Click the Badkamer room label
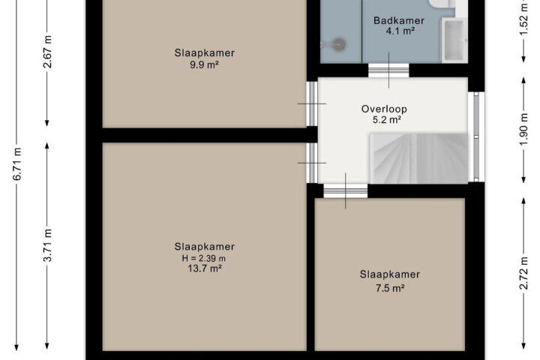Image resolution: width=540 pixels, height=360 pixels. (x=399, y=20)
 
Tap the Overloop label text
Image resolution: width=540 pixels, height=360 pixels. (x=384, y=109)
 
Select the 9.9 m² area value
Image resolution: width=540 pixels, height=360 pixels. (x=205, y=64)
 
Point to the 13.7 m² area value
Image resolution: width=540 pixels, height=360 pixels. (x=205, y=268)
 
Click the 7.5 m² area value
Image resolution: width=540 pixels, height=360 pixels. (x=390, y=288)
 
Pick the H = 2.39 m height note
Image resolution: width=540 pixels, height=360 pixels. (x=204, y=258)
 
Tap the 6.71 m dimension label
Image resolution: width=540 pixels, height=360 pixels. (x=17, y=163)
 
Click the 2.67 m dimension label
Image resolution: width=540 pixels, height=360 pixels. (x=48, y=52)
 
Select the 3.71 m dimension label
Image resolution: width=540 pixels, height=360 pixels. (x=48, y=245)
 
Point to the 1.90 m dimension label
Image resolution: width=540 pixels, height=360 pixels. (x=523, y=130)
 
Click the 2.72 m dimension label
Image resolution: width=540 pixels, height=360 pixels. (x=523, y=274)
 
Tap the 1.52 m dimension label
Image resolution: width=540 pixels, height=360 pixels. (x=523, y=19)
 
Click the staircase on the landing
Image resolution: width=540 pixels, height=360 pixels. (x=418, y=158)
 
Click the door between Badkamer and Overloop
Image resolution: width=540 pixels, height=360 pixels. (x=388, y=70)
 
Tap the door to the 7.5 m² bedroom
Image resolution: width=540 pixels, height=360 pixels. (x=346, y=190)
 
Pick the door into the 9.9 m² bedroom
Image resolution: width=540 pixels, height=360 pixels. (x=312, y=103)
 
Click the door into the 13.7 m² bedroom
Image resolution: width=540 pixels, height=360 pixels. (x=312, y=163)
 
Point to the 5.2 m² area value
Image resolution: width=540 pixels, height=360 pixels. (x=386, y=120)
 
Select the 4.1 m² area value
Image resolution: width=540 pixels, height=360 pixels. (x=400, y=31)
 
